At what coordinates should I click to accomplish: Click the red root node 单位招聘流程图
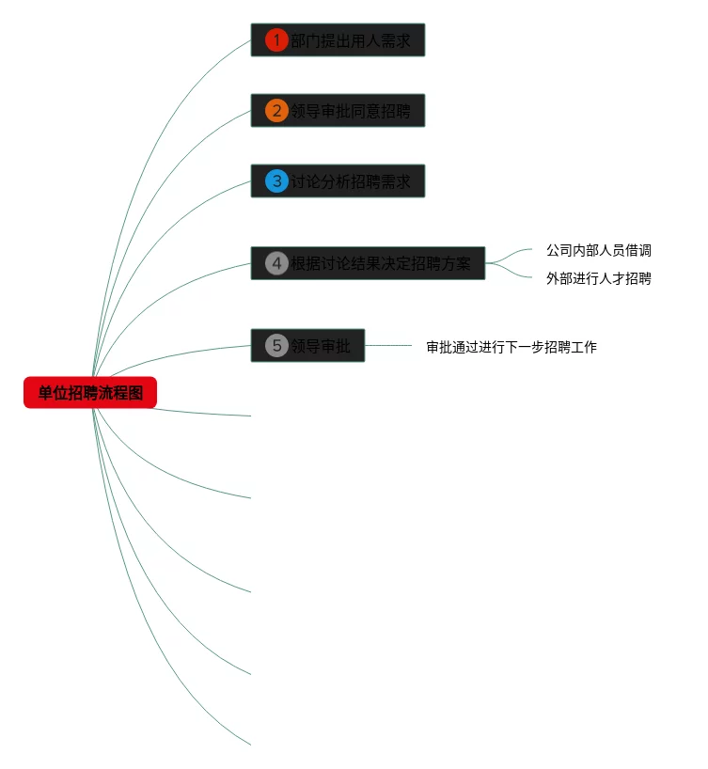pos(90,393)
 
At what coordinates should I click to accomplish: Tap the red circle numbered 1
pos(276,40)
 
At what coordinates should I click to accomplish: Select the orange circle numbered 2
pos(276,111)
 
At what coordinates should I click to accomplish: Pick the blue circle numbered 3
pos(276,180)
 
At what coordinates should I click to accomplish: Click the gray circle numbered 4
pos(276,263)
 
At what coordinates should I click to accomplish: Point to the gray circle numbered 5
pos(276,346)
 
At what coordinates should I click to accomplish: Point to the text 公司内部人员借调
pos(599,251)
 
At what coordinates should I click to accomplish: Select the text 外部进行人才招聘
pos(599,278)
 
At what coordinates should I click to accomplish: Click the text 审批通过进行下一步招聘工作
pos(511,347)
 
